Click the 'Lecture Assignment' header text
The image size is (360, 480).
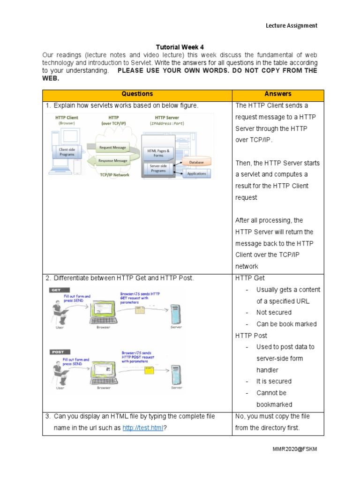tap(292, 26)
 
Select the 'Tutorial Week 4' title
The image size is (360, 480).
tap(180, 47)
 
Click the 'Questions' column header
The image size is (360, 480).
tap(137, 94)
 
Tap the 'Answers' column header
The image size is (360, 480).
tap(277, 94)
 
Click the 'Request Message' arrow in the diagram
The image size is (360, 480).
tap(112, 148)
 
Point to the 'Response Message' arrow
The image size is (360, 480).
tap(112, 161)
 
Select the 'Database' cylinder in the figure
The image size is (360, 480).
tap(195, 162)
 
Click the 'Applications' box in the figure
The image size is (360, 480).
tap(196, 173)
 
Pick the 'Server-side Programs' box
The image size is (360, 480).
tap(158, 169)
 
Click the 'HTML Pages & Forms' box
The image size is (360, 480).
tap(158, 152)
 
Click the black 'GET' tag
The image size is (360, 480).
tap(56, 290)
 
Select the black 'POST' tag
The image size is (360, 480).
tap(58, 352)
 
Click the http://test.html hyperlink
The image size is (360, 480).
tap(142, 428)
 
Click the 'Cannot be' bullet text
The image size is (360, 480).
tap(271, 393)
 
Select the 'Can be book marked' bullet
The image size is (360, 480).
tap(286, 324)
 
